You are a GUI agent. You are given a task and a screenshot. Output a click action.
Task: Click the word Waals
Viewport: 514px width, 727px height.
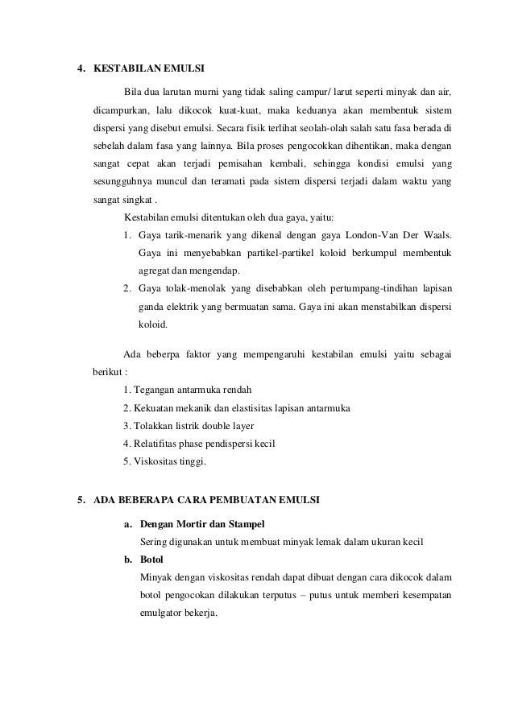pos(438,235)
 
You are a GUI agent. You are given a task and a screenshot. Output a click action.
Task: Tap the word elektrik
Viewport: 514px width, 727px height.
pos(187,307)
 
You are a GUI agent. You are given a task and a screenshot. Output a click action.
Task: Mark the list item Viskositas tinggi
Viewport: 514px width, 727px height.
pos(164,462)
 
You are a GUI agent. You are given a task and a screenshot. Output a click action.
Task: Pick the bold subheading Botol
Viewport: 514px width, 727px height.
pos(151,559)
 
